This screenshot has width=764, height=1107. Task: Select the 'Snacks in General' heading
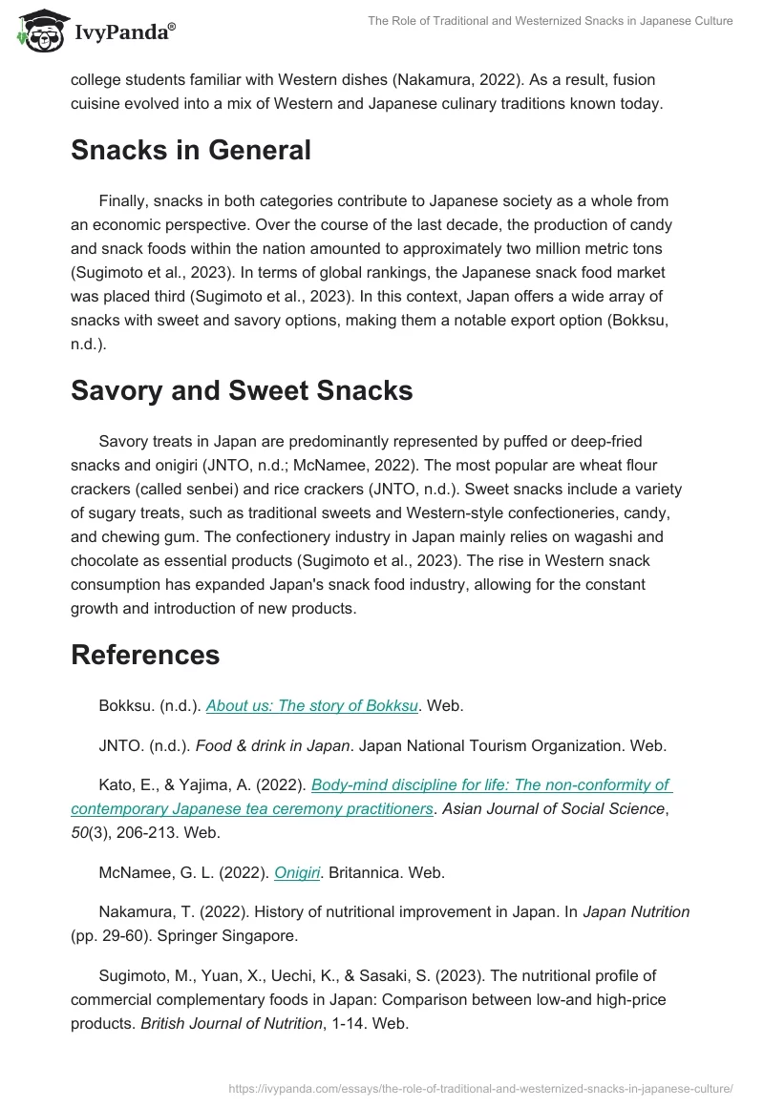(x=191, y=150)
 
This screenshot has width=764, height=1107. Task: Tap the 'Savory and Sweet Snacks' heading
(x=242, y=390)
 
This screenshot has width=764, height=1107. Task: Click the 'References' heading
(x=145, y=655)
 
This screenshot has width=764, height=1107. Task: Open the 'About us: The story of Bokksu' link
(x=312, y=706)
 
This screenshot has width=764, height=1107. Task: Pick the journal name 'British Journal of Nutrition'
(x=232, y=1023)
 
